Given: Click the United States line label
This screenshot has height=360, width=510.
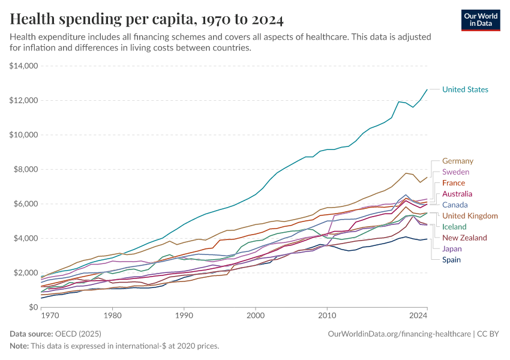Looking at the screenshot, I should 465,89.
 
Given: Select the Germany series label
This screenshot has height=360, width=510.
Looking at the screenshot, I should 458,161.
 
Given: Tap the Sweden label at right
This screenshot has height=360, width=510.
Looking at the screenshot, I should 456,172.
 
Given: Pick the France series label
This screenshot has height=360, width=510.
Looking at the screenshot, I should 454,183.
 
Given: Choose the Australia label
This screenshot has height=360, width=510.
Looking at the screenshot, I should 457,194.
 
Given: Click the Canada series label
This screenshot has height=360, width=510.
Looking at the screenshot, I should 455,205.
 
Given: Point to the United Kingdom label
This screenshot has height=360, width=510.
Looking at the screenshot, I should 470,216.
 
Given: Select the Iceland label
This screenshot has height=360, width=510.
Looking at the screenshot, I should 454,227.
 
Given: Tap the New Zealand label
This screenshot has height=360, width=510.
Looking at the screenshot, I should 464,238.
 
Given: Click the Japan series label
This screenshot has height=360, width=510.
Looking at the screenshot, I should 452,249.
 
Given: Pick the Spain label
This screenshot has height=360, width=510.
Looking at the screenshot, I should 452,260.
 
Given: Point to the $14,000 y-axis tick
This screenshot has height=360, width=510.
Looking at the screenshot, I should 24,66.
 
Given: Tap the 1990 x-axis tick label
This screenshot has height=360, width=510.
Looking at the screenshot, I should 184,314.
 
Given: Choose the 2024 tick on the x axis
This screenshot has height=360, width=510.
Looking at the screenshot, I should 418,314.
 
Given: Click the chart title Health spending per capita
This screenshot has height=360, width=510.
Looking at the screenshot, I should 147,20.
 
